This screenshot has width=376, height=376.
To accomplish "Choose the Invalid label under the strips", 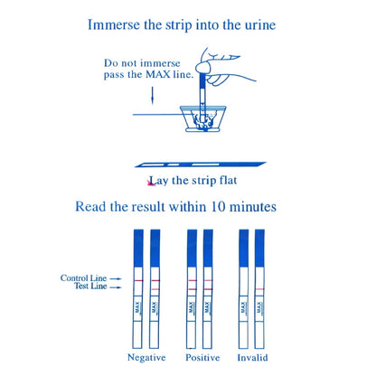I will click(251, 358).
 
